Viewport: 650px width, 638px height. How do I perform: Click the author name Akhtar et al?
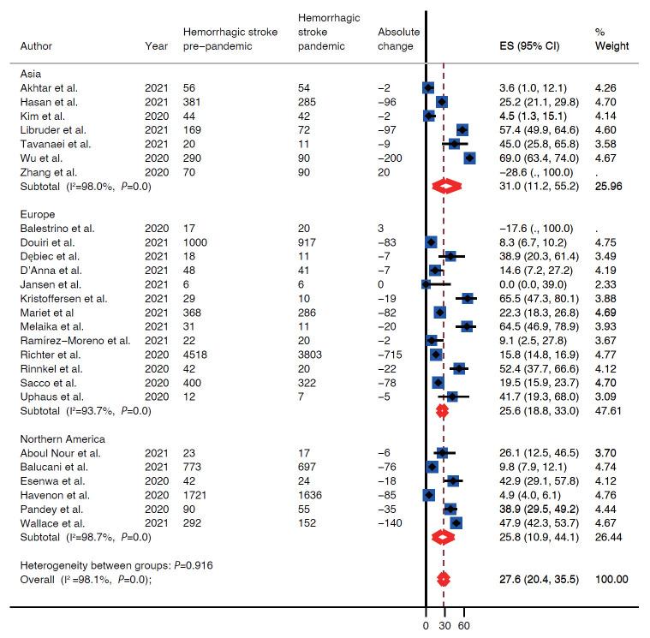point(43,87)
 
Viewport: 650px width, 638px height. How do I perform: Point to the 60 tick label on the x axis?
point(464,625)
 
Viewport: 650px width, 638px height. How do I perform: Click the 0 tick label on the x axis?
point(426,625)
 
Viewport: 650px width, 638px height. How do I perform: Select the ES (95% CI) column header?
point(529,45)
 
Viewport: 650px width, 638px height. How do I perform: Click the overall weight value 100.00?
point(611,580)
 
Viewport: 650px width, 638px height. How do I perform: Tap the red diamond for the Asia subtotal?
point(447,186)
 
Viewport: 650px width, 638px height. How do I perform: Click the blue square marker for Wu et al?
point(469,158)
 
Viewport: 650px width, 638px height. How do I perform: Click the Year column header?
point(157,45)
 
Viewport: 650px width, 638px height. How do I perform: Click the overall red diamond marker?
point(444,580)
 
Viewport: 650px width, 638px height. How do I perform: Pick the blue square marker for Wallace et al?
point(456,522)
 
